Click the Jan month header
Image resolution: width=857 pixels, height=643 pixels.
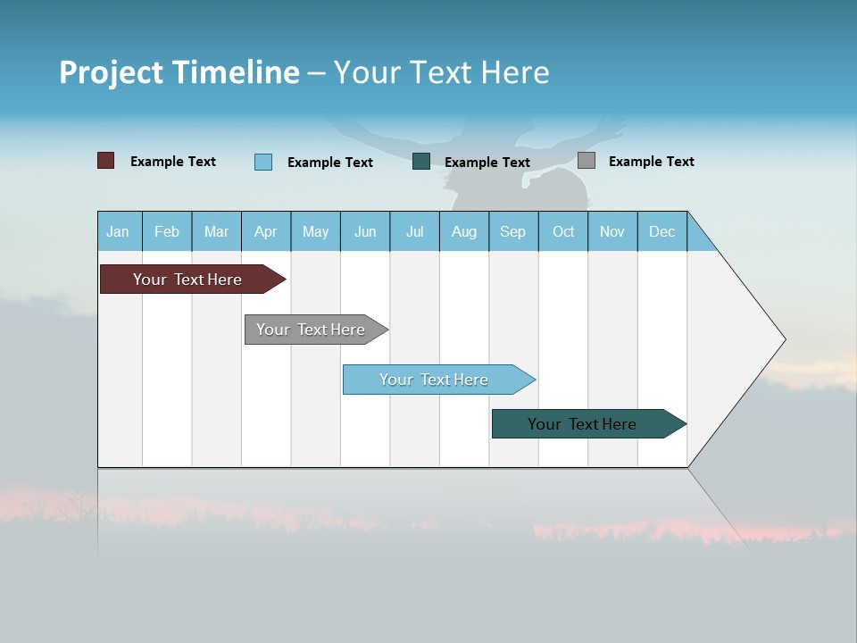coord(119,232)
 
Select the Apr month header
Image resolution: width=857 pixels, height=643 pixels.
coord(266,232)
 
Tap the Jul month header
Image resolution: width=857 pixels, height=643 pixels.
coord(414,232)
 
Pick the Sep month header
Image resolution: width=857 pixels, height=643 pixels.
coord(513,232)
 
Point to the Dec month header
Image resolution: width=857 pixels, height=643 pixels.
coord(661,232)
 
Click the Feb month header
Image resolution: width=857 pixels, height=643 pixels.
coord(167,232)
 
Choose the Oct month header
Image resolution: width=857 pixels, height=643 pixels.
coord(563,232)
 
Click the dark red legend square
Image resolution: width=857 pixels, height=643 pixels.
coord(106,161)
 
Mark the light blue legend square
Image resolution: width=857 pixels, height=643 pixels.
coord(263,162)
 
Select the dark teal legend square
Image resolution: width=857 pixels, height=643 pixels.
coord(421,161)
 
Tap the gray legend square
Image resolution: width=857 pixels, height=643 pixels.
coord(587,161)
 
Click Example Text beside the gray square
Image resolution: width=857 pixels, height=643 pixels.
coord(651,162)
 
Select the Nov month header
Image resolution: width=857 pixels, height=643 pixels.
coord(612,232)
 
